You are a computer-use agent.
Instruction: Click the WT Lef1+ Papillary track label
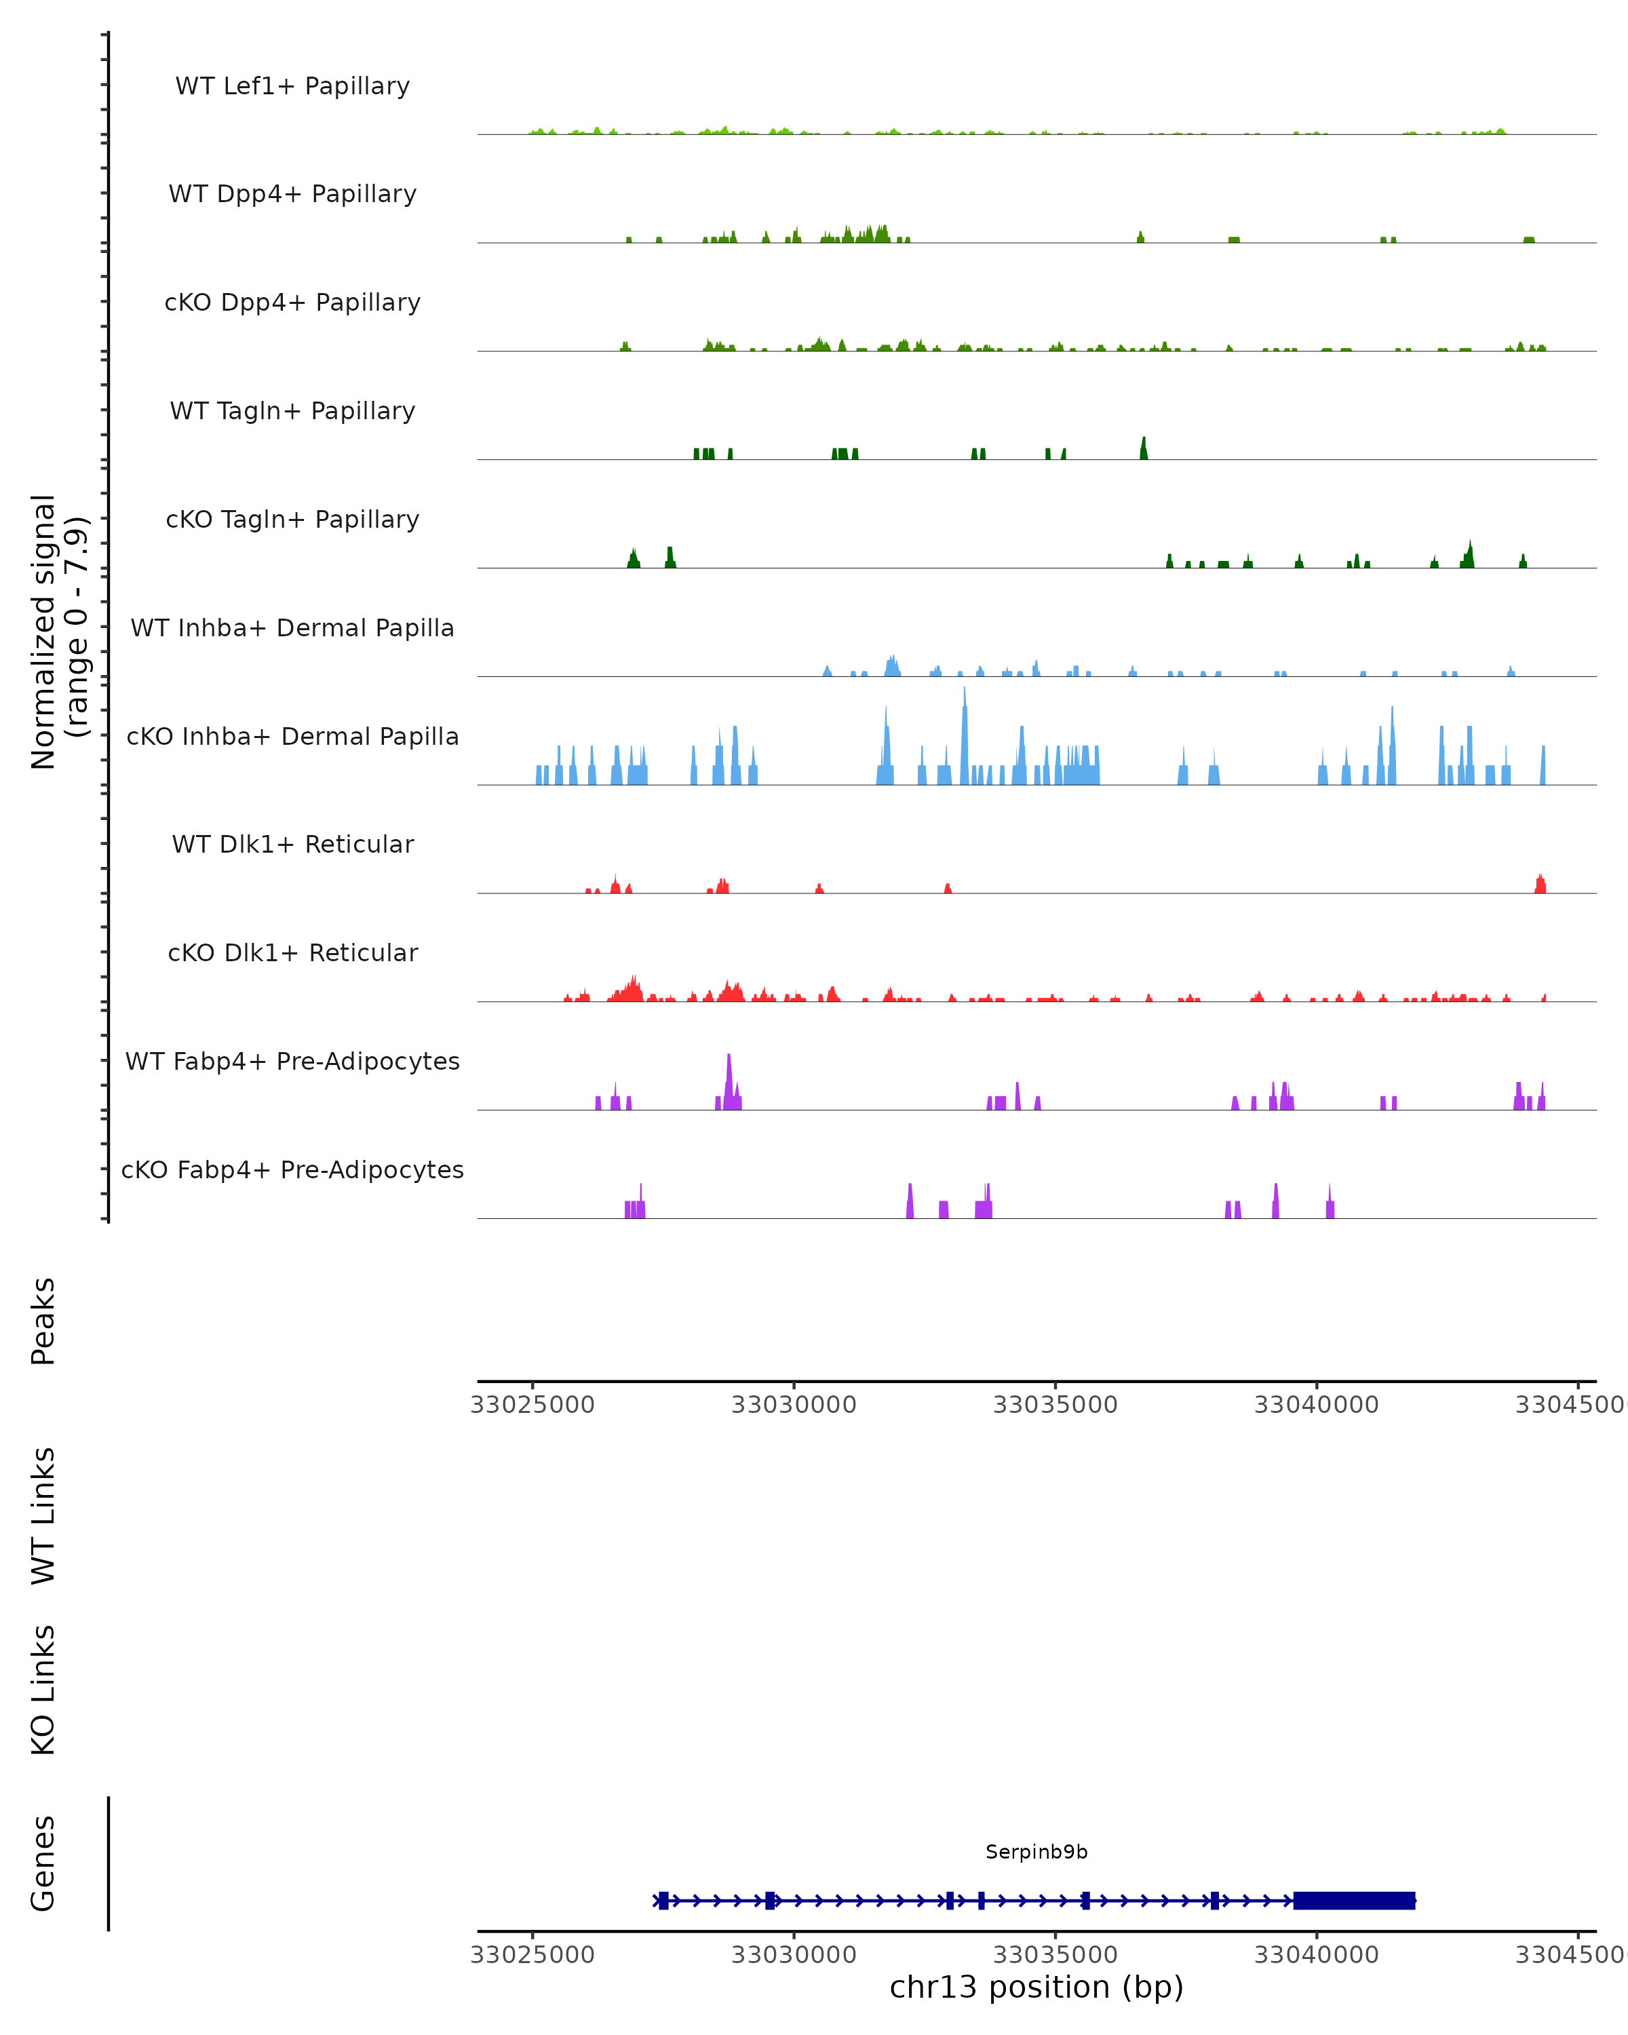click(x=292, y=86)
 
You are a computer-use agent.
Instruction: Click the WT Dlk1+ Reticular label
click(x=292, y=844)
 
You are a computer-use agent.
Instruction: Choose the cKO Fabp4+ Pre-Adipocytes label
click(x=292, y=1169)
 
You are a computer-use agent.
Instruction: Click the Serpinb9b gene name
click(x=1036, y=1852)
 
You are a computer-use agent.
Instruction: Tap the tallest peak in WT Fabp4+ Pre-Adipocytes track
click(x=729, y=1071)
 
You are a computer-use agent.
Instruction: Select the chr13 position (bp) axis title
click(x=1036, y=1987)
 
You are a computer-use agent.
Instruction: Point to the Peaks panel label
click(x=43, y=1321)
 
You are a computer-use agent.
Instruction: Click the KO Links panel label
click(x=43, y=1690)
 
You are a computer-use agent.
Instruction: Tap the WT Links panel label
click(x=43, y=1515)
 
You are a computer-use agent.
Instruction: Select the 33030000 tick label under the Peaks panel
click(x=794, y=1405)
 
